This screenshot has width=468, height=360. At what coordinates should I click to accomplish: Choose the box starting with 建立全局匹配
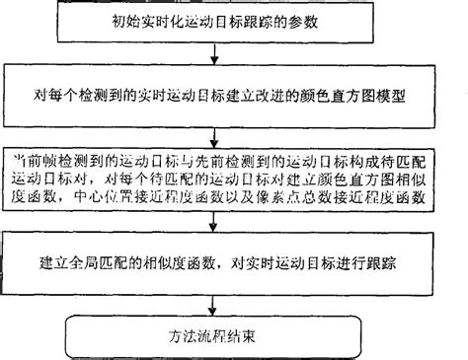tap(233, 264)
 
